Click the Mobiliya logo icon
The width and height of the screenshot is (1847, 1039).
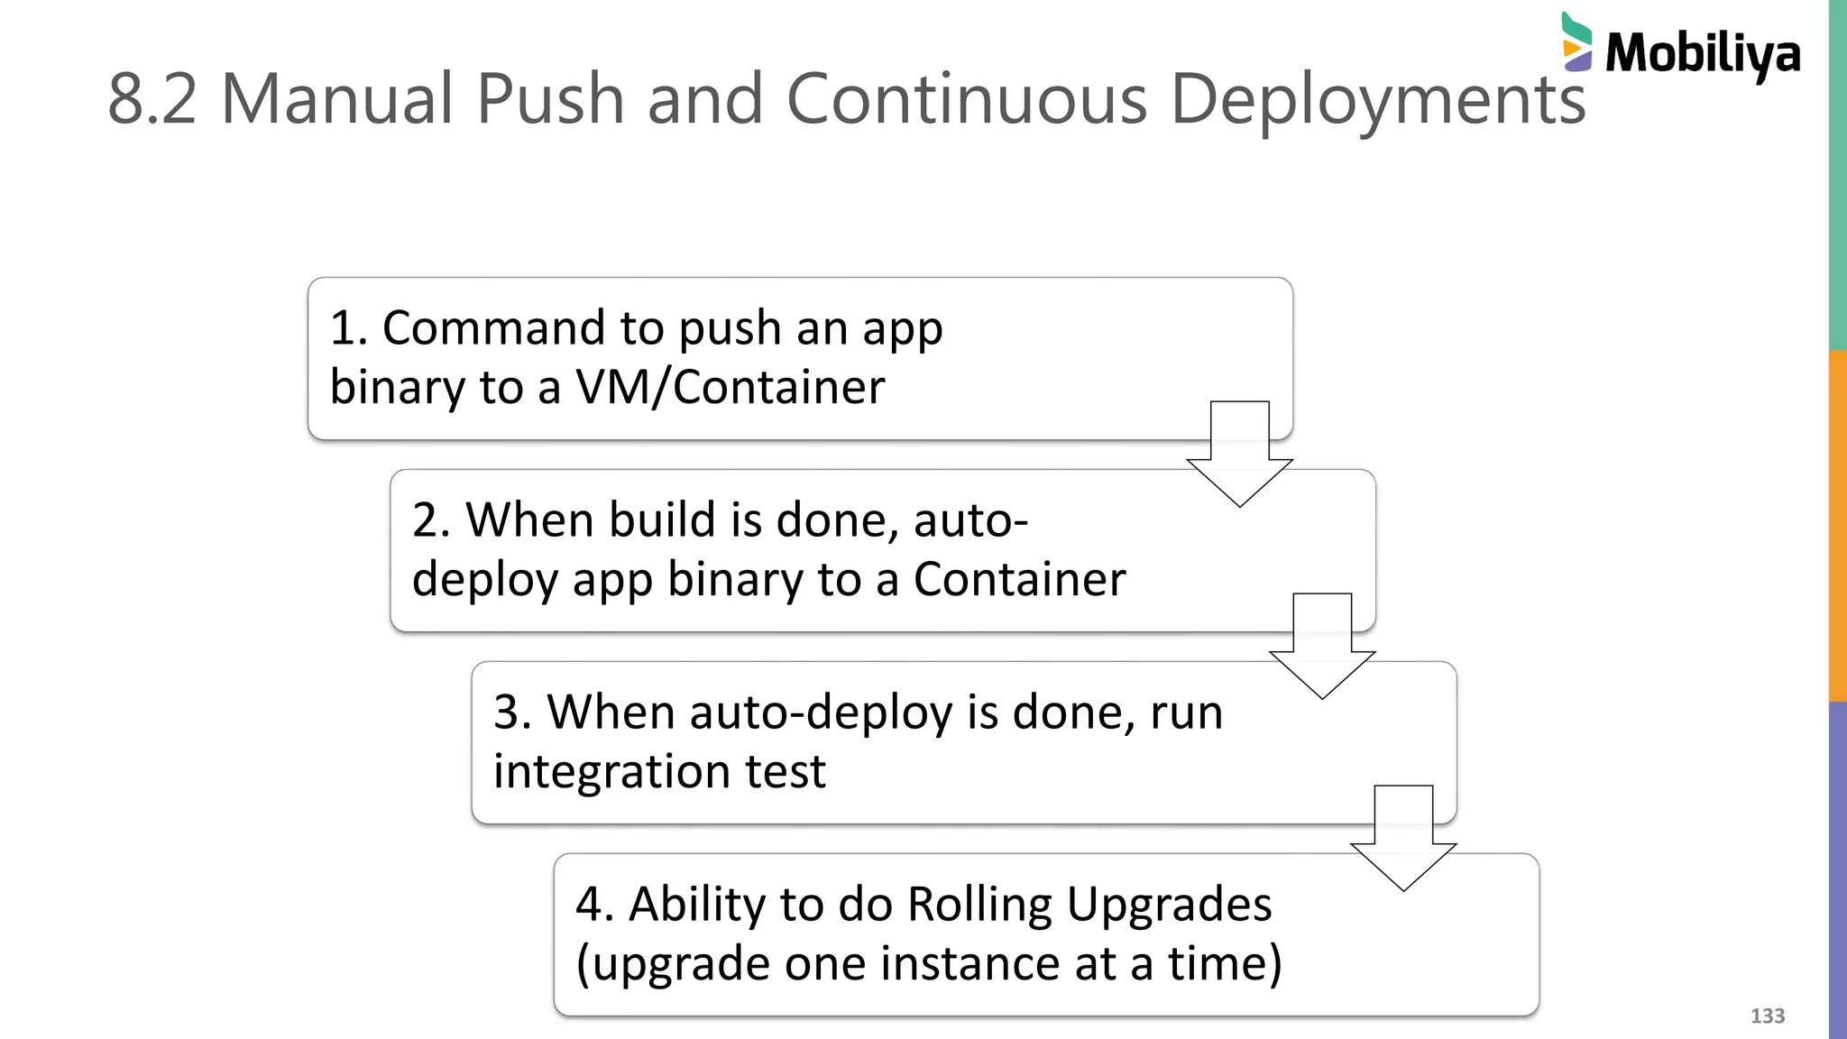pyautogui.click(x=1576, y=42)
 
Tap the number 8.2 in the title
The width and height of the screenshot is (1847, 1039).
pyautogui.click(x=152, y=98)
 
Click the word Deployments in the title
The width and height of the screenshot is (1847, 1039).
pyautogui.click(x=1377, y=100)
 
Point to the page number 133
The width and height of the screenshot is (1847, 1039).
pyautogui.click(x=1767, y=1016)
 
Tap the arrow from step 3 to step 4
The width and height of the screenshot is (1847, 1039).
pyautogui.click(x=1403, y=838)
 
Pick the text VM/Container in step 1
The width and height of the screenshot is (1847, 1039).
pyautogui.click(x=730, y=387)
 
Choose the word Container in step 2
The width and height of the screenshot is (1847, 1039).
pyautogui.click(x=1019, y=579)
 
